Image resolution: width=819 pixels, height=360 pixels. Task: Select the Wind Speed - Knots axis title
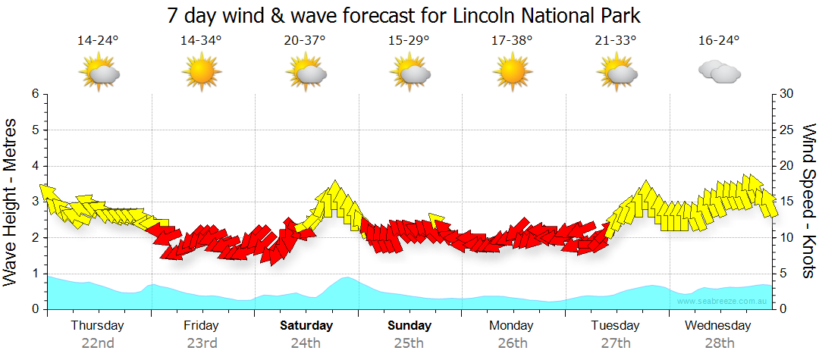pos(808,202)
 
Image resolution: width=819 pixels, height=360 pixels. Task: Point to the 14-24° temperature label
pos(98,40)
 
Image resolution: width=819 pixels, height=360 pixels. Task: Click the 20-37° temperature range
pos(305,40)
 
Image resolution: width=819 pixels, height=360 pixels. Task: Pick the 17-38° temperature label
pos(512,40)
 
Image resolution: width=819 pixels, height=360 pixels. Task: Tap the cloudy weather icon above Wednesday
pos(719,73)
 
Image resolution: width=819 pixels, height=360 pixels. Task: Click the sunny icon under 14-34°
pos(201,73)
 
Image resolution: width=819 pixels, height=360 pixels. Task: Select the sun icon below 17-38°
pos(512,73)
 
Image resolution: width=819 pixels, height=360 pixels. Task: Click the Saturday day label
pos(306,326)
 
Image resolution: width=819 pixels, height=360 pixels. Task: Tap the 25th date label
pos(409,343)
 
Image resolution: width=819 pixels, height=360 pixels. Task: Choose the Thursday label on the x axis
pos(98,326)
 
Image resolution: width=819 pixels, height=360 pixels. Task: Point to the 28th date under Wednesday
pos(720,343)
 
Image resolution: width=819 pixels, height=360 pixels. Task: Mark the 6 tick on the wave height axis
pos(35,94)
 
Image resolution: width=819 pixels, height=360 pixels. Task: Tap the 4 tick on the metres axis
pos(35,166)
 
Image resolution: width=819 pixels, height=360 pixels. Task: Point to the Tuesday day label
pos(616,326)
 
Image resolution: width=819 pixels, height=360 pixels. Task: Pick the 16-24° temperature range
pos(719,40)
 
